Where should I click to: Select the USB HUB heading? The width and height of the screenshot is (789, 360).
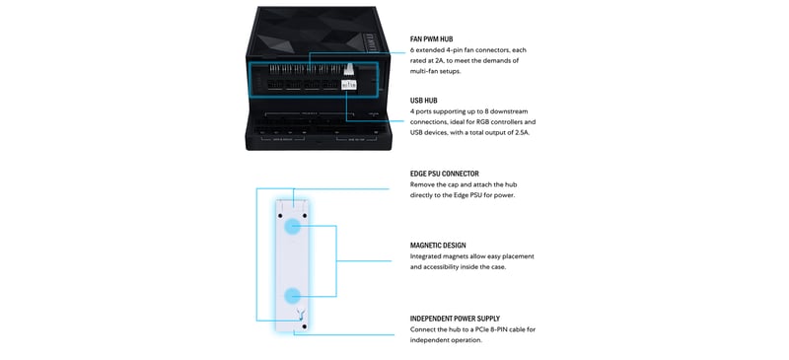pos(424,101)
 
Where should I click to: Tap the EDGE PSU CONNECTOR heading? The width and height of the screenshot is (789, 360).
pos(445,174)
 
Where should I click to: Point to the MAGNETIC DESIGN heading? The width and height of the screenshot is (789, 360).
pos(438,246)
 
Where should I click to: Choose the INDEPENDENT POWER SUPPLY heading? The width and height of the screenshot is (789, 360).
pos(455,319)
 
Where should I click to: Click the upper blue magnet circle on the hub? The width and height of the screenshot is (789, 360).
pos(292,227)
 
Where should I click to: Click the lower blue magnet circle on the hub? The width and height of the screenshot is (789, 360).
pos(292,296)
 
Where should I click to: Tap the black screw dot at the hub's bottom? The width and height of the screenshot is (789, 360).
pos(304,326)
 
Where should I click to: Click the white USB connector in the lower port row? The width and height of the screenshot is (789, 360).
pos(349,85)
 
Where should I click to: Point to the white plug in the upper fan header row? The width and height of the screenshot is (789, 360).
pos(350,68)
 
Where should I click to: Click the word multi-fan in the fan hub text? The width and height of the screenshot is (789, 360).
pos(423,72)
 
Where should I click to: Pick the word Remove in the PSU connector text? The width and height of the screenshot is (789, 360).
pos(421,184)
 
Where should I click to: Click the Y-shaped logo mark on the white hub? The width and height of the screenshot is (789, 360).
pos(301,314)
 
